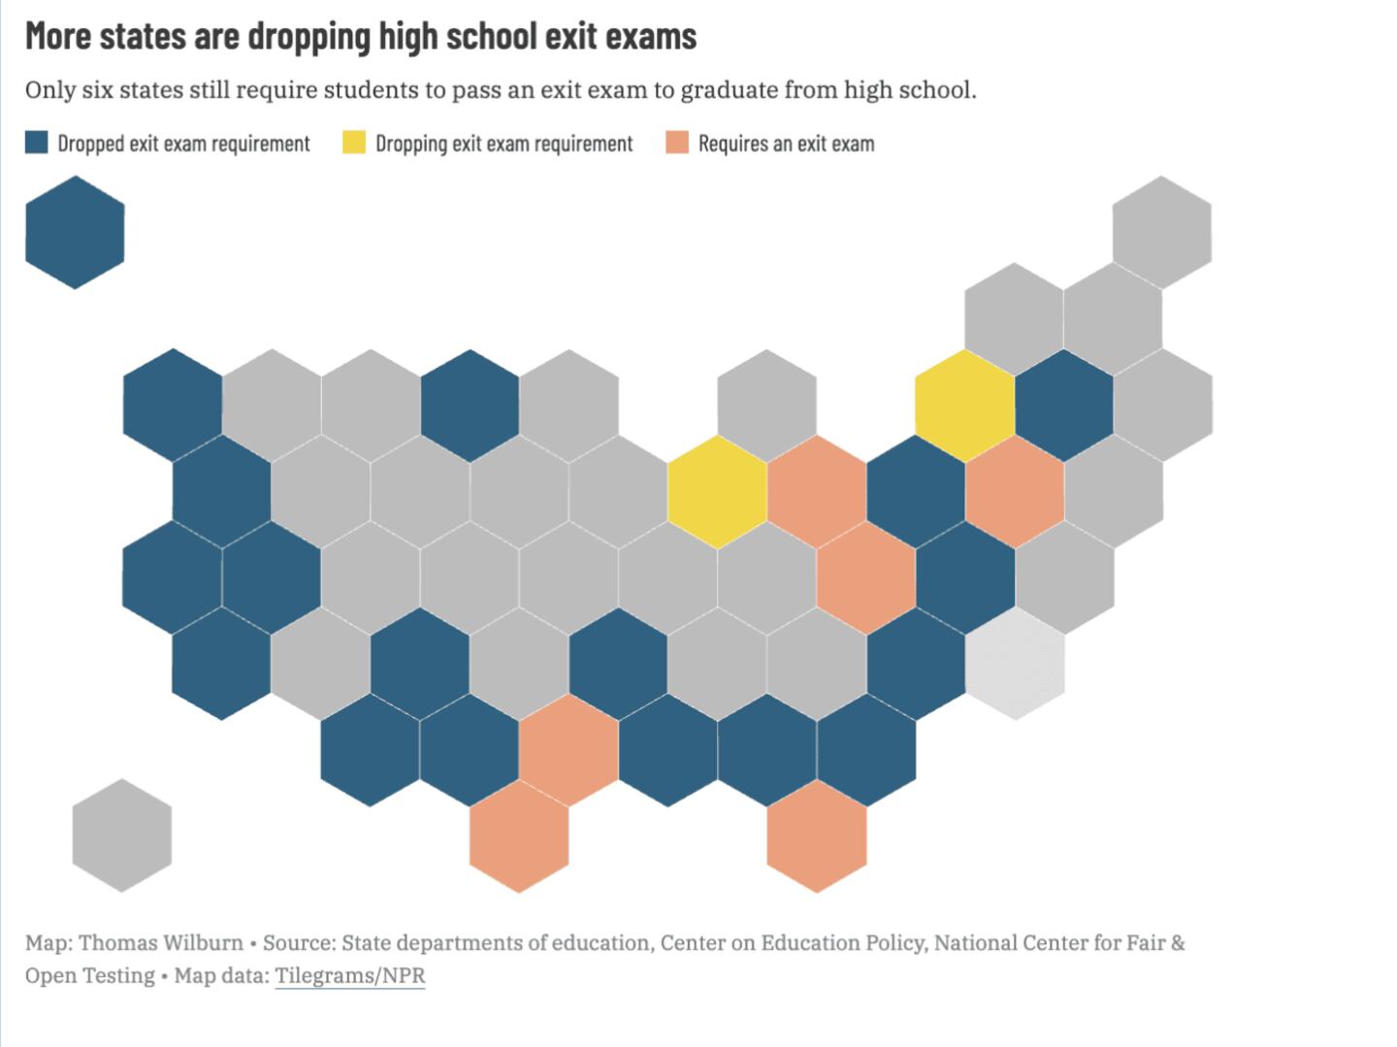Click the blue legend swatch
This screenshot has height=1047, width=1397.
36,144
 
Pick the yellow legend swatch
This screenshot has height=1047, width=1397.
354,144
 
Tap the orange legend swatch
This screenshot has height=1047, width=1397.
677,144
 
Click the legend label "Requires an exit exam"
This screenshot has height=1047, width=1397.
786,144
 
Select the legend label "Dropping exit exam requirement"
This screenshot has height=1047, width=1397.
504,144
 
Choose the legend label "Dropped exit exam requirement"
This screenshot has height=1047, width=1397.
183,144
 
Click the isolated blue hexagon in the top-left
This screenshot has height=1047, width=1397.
75,233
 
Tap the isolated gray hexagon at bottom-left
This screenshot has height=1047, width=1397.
122,835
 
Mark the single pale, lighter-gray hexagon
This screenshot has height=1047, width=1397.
1015,664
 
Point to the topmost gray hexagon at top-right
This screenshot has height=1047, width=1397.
1161,233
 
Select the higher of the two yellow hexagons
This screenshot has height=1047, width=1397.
965,406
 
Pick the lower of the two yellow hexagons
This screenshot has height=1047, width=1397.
718,491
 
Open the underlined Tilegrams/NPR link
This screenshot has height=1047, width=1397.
350,975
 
